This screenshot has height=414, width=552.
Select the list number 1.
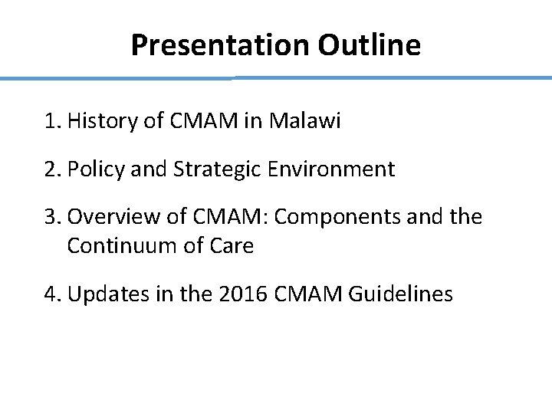tap(51, 120)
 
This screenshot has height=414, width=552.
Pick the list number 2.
tap(51, 169)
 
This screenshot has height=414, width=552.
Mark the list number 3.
tap(51, 217)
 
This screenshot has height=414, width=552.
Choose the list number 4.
tap(51, 294)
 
